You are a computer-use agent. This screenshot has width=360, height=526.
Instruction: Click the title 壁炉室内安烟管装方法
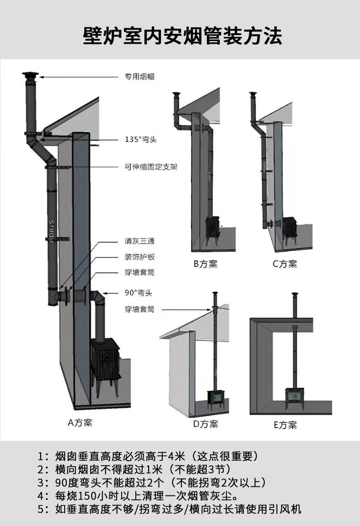(182, 36)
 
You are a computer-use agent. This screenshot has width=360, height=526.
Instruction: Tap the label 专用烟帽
(140, 77)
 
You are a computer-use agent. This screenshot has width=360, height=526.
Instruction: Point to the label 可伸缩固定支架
(151, 167)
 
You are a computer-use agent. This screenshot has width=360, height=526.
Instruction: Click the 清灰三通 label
(140, 241)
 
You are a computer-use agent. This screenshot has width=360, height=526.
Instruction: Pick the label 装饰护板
(140, 257)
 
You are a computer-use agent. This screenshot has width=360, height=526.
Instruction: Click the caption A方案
(80, 423)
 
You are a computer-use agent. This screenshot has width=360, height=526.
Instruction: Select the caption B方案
(205, 264)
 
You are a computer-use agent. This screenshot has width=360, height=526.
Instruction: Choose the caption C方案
(284, 264)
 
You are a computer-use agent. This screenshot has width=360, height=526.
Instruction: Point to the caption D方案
(206, 424)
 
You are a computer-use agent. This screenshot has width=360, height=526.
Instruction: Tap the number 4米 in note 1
(175, 456)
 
